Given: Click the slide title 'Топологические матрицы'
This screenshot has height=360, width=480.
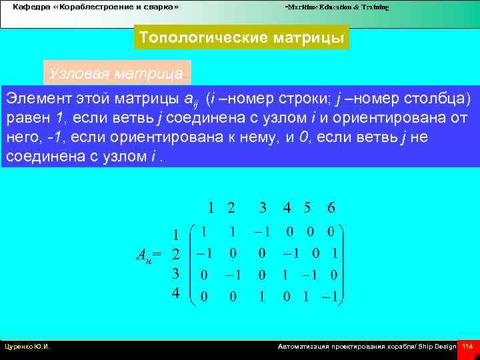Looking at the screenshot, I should [x=241, y=38].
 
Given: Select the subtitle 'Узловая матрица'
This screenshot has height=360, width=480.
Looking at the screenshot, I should [x=116, y=73].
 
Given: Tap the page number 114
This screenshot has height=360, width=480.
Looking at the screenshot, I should [x=467, y=347].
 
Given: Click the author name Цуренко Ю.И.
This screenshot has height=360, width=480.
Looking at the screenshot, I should [x=27, y=347].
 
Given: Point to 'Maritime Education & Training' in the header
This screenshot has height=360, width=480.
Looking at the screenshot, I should [x=337, y=7].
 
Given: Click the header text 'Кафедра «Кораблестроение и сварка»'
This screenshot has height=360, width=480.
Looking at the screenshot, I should [x=96, y=7].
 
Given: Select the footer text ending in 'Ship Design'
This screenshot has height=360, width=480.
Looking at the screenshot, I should [x=367, y=347].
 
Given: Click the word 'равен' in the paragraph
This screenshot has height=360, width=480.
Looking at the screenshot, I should [x=28, y=119].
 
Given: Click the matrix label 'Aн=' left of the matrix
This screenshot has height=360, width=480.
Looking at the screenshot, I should [x=149, y=254].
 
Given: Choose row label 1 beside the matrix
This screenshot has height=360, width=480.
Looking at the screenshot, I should [x=175, y=235].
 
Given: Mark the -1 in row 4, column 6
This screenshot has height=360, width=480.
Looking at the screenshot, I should [x=330, y=296].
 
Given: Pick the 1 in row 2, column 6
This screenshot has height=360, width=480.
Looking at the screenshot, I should [x=334, y=253].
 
